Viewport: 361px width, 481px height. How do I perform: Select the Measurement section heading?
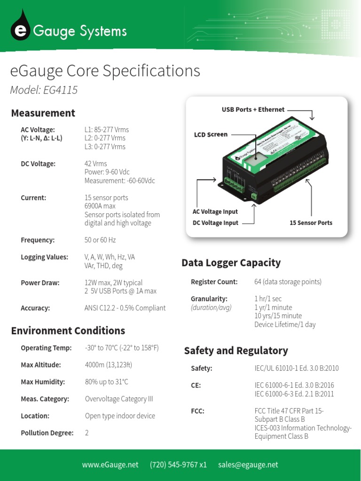43,113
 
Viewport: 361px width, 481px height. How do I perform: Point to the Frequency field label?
38,240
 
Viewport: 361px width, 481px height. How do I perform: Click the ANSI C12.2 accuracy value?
125,308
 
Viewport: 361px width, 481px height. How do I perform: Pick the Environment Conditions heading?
68,331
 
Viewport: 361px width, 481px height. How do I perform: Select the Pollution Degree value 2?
87,433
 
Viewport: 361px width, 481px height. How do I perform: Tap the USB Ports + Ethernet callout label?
253,109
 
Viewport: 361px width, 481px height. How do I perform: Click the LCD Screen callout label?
211,134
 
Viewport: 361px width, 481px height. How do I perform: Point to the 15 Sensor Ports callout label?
311,223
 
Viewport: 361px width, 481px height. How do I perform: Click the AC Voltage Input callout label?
215,212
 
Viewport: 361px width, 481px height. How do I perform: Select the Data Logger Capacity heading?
231,263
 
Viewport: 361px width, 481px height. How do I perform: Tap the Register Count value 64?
288,282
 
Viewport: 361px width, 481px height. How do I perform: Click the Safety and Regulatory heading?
235,351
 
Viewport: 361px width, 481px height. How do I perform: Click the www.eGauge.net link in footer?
110,465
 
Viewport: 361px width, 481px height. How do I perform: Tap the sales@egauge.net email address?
248,465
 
